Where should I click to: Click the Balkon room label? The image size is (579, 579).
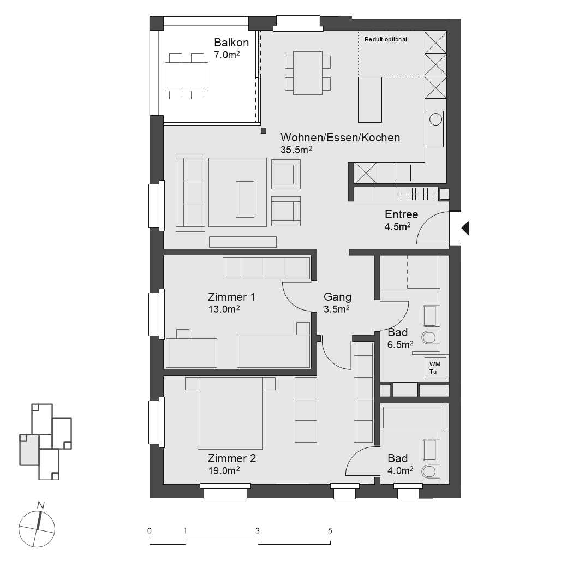click(x=231, y=43)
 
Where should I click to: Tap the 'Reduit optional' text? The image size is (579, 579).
click(x=386, y=40)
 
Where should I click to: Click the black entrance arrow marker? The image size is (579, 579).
click(x=465, y=228)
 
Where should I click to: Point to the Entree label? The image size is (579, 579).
click(x=401, y=214)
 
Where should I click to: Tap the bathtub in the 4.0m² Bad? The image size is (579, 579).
click(x=412, y=417)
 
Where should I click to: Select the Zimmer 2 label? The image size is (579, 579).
click(x=231, y=458)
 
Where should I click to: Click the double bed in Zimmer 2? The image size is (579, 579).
click(x=230, y=412)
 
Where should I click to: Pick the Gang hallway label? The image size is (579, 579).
click(x=337, y=297)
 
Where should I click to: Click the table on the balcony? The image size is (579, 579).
click(x=186, y=76)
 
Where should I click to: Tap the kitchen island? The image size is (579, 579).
click(x=369, y=99)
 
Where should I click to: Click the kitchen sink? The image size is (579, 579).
click(x=435, y=129)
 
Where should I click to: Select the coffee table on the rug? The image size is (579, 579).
click(x=244, y=199)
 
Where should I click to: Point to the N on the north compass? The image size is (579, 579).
click(x=40, y=505)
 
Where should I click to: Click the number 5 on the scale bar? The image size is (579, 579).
click(x=330, y=530)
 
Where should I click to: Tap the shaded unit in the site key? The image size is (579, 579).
click(x=29, y=450)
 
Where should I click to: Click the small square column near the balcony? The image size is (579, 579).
click(x=264, y=130)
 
